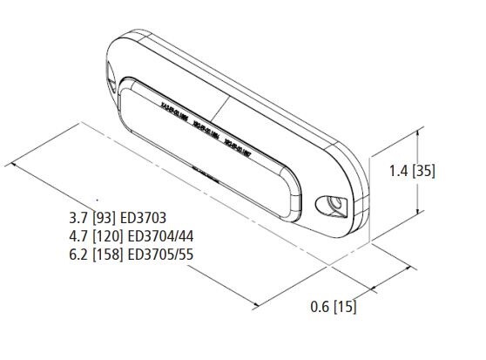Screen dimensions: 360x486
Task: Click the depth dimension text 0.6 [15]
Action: coord(334,306)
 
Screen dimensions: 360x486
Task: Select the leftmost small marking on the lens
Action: coord(175,112)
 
